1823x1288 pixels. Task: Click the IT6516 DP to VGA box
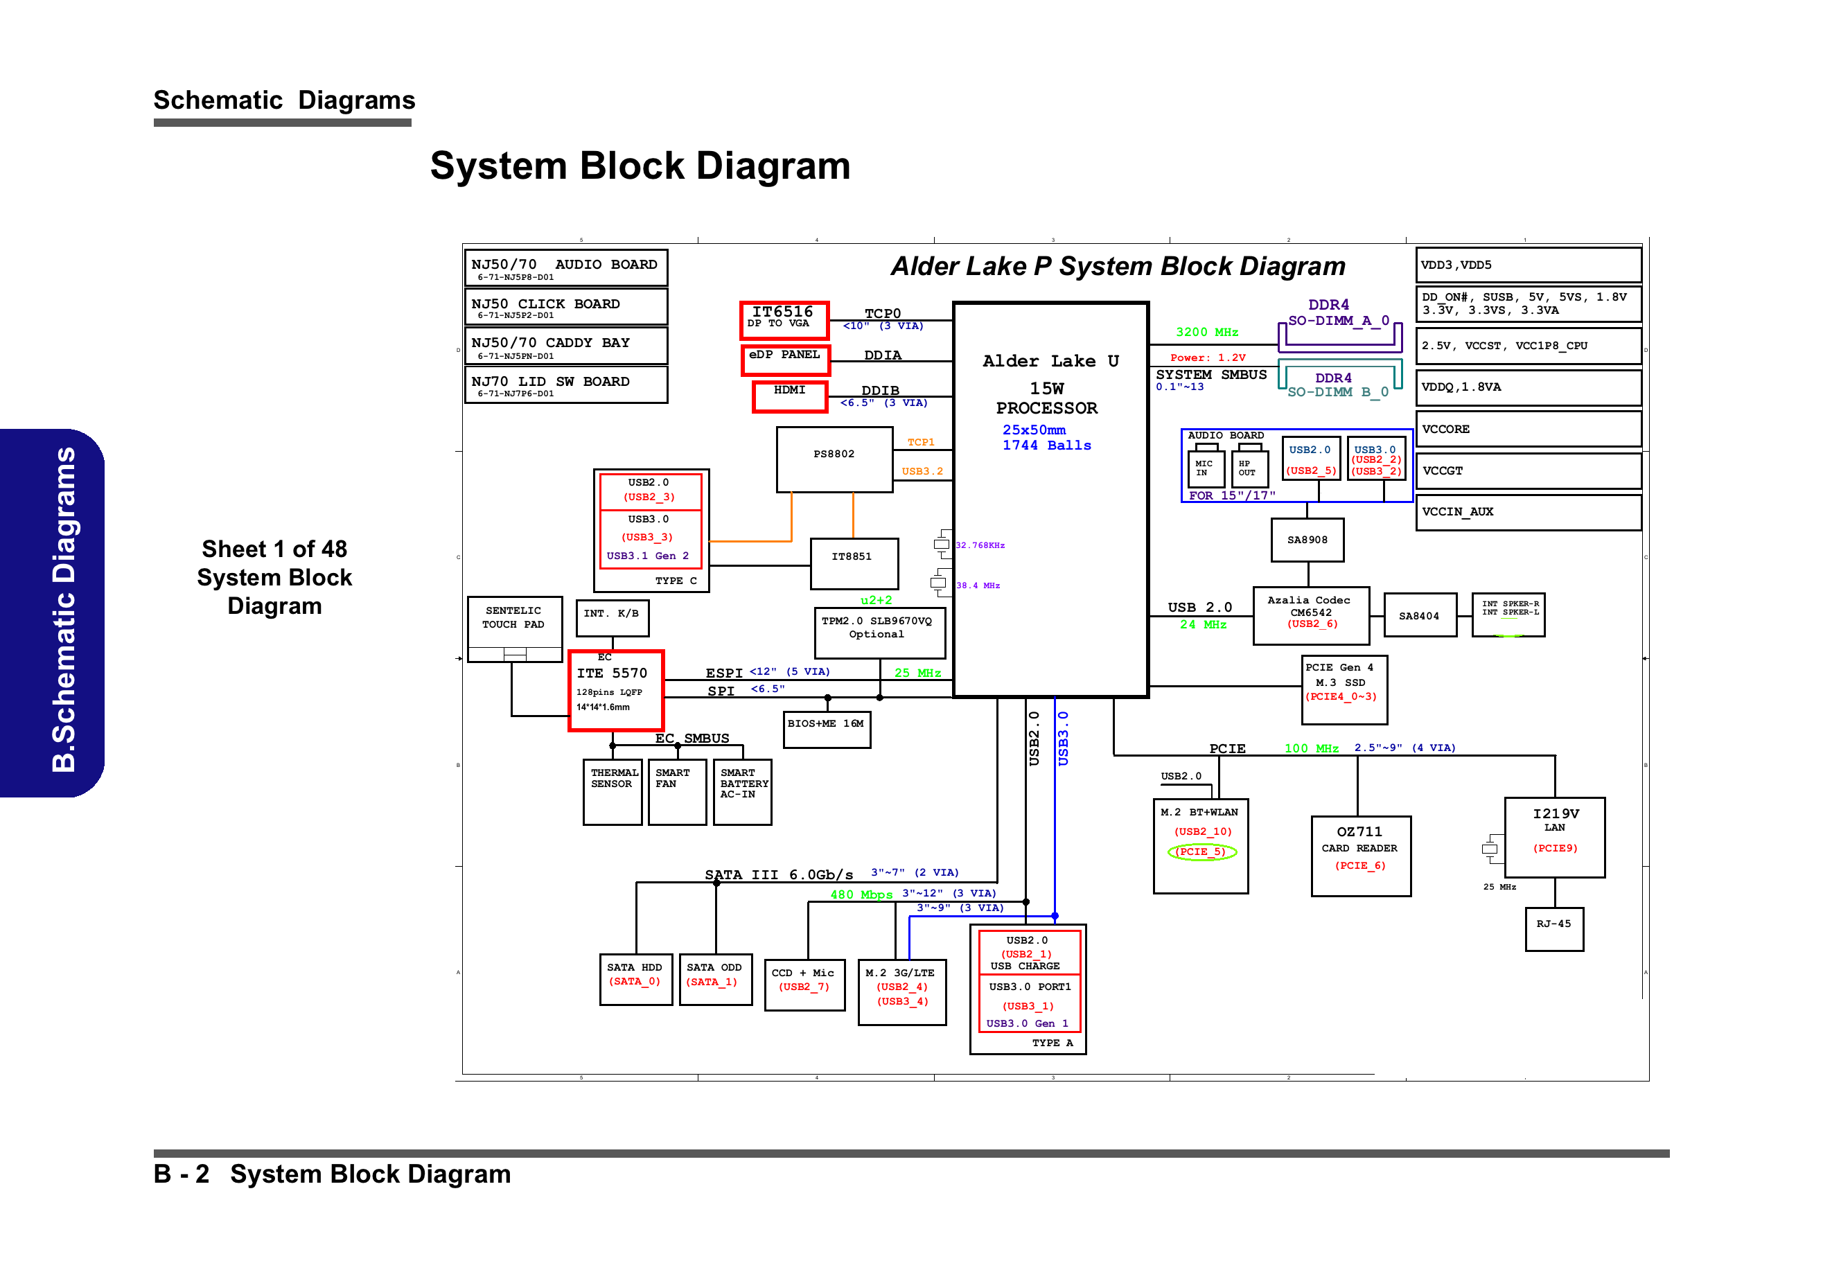point(784,319)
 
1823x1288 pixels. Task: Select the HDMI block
point(789,396)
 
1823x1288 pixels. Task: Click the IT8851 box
point(854,563)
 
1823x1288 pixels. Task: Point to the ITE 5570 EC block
point(615,689)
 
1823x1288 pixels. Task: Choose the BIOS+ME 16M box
point(826,729)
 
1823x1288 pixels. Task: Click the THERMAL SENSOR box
point(612,791)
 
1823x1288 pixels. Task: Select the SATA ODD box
point(714,978)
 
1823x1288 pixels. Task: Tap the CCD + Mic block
point(804,985)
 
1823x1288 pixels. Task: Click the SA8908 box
point(1307,540)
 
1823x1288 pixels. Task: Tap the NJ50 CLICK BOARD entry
point(565,306)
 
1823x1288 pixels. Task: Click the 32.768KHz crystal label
point(980,545)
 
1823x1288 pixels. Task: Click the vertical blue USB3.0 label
point(1062,738)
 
